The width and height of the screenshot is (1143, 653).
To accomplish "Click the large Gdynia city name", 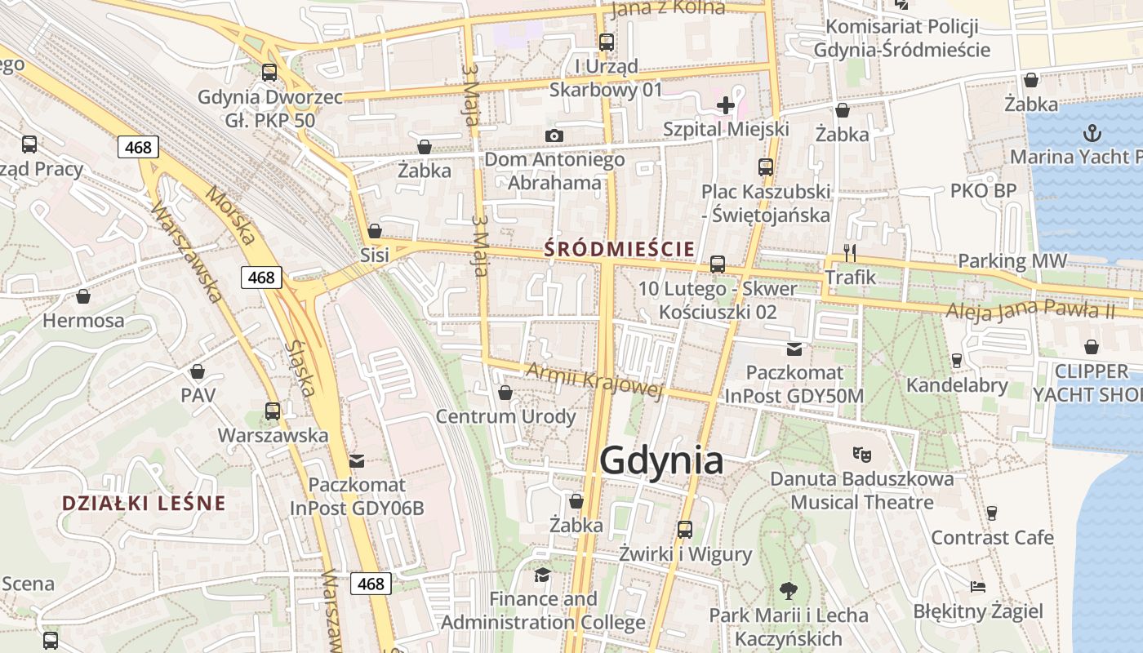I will pyautogui.click(x=661, y=461).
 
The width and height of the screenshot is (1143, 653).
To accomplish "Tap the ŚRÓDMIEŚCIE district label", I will pyautogui.click(x=620, y=248).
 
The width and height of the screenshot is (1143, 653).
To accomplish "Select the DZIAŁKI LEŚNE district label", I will pyautogui.click(x=144, y=503).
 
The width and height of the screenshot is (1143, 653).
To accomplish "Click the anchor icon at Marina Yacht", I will pyautogui.click(x=1091, y=132).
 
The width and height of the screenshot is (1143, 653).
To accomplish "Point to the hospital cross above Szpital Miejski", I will pyautogui.click(x=725, y=104).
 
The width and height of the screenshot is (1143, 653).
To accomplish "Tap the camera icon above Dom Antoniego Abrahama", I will pyautogui.click(x=554, y=135).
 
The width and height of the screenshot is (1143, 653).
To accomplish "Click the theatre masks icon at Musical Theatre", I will pyautogui.click(x=861, y=453).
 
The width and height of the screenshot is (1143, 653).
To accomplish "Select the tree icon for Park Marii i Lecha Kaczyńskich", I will pyautogui.click(x=788, y=589).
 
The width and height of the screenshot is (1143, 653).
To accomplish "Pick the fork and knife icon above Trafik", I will pyautogui.click(x=850, y=253).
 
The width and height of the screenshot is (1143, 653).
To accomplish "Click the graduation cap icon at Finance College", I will pyautogui.click(x=542, y=575).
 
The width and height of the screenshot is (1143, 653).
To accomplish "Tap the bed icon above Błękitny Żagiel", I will pyautogui.click(x=978, y=587).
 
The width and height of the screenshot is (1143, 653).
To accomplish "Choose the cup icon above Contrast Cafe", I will pyautogui.click(x=992, y=513).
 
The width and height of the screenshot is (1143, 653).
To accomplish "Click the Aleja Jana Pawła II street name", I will pyautogui.click(x=1030, y=310).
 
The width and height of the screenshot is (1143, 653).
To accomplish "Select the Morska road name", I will pyautogui.click(x=230, y=216).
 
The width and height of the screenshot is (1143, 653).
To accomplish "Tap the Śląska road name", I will pyautogui.click(x=300, y=368).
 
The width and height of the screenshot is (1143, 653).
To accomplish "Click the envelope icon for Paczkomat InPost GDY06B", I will pyautogui.click(x=357, y=461).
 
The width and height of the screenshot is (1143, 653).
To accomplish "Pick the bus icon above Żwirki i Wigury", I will pyautogui.click(x=684, y=529).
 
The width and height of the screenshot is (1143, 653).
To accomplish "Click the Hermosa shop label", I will pyautogui.click(x=83, y=320).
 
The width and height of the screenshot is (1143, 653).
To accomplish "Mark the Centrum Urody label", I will pyautogui.click(x=505, y=416).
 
